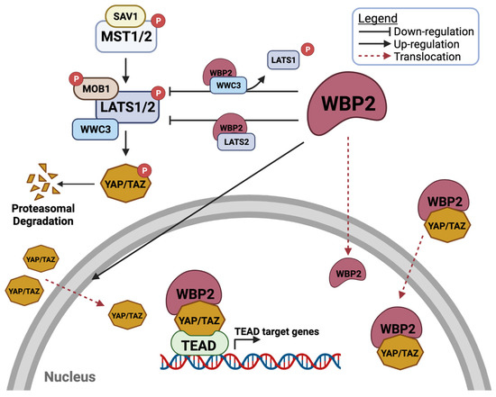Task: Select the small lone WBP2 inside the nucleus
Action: [349, 271]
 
